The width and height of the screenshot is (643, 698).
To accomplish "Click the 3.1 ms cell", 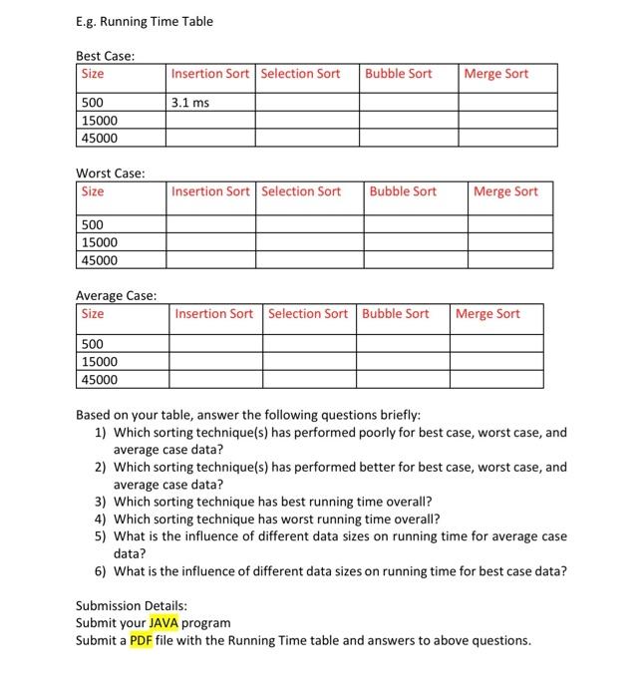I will (189, 102).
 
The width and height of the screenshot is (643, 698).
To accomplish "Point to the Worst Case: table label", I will (111, 174).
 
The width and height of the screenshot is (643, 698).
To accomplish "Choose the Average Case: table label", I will (116, 295).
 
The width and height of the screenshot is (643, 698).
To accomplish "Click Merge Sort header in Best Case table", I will (496, 74).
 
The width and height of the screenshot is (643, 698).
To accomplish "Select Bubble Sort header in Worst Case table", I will (403, 191).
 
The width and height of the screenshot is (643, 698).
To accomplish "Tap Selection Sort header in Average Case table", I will (308, 314).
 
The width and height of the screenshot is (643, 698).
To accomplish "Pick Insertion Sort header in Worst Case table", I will (210, 191).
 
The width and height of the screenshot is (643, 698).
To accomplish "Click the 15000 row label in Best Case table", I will (99, 121).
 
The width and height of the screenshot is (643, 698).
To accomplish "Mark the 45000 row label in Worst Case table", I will (99, 260).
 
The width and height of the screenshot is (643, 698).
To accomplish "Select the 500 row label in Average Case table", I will (93, 344).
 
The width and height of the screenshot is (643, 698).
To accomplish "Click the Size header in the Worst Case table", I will (93, 191).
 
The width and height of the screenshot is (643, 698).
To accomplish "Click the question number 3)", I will (101, 502).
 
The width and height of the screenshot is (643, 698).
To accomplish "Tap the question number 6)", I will (101, 571).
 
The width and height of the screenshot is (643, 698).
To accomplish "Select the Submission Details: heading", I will (132, 605).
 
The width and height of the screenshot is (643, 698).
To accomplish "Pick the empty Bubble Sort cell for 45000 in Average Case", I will (403, 380).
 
